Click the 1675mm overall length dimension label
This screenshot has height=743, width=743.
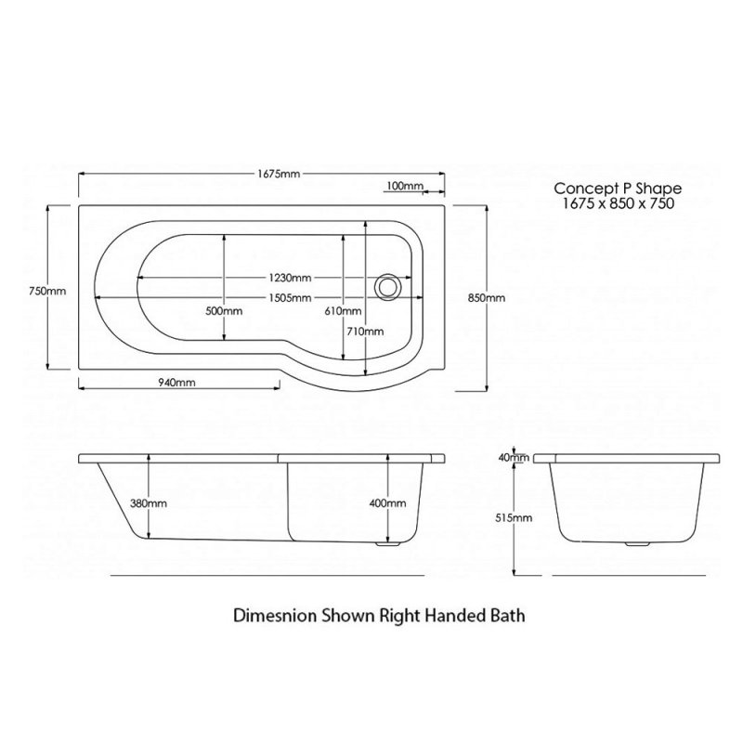point(279,174)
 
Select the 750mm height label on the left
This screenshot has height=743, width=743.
point(47,291)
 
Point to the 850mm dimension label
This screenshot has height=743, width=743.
point(487,297)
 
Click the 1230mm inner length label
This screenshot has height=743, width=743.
point(290,277)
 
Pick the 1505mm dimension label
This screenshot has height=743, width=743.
point(290,297)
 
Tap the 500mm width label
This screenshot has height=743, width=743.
point(224,311)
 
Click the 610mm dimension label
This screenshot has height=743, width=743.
point(343,311)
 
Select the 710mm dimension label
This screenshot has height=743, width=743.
point(365,332)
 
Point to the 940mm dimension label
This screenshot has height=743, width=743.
point(176,382)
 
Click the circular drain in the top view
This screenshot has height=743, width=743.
point(388,287)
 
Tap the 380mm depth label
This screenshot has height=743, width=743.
point(149,502)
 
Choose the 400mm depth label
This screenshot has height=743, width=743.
point(387,502)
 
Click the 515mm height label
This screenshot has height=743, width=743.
point(514,518)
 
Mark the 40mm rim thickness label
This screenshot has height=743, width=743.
point(514,457)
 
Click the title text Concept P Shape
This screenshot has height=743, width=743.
point(618,189)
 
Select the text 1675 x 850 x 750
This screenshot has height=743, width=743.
point(618,203)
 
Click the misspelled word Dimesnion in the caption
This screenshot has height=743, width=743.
point(275,616)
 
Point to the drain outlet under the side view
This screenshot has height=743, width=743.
point(387,544)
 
